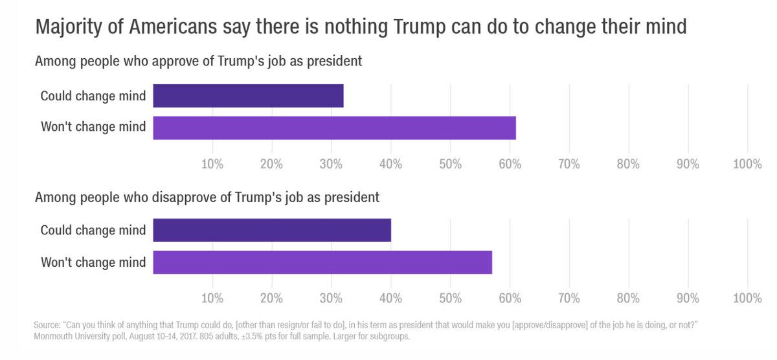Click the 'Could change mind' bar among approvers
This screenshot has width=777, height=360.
(x=248, y=96)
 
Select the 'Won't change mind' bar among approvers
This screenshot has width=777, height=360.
(x=334, y=128)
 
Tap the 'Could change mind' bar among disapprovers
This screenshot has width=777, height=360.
(x=272, y=230)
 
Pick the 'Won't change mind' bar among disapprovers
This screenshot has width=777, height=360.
(x=322, y=262)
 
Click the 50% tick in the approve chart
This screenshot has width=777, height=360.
(x=450, y=164)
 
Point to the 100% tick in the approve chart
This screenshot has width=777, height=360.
(x=747, y=164)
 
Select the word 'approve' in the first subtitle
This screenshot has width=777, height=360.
(x=172, y=62)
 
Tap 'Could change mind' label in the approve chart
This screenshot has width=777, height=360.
(x=93, y=96)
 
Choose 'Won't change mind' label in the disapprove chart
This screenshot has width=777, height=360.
(x=93, y=262)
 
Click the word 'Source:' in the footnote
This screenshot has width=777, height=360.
(x=46, y=324)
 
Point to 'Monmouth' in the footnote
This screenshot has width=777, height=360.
(x=54, y=337)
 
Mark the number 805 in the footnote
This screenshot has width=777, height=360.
(x=242, y=337)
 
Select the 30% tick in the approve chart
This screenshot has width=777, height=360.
(x=332, y=164)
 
